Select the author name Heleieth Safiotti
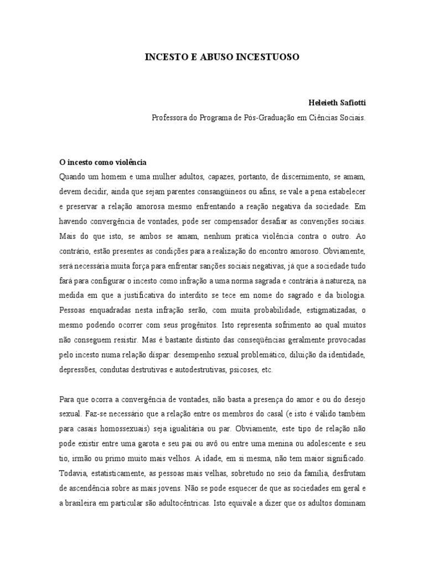tap(337, 104)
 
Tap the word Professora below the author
tap(170, 117)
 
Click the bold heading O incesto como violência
tap(102, 163)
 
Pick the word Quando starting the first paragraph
tap(73, 177)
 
